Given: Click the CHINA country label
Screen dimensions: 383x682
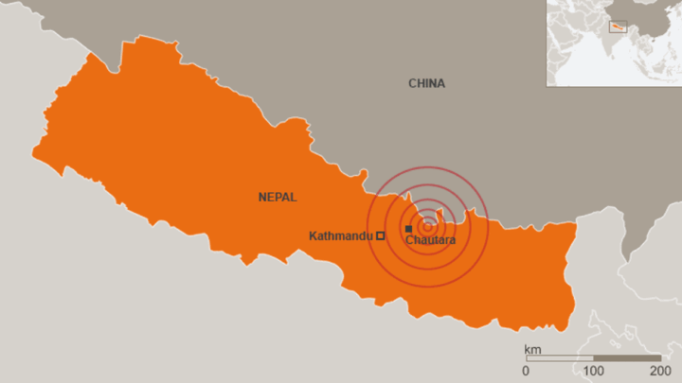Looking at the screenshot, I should coord(426,83).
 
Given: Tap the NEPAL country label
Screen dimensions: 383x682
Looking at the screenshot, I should coord(278,197).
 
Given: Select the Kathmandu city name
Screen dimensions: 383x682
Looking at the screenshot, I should coord(340,235).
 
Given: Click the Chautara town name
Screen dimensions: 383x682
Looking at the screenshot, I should coord(430,241).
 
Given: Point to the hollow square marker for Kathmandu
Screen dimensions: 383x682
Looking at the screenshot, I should coord(381,235).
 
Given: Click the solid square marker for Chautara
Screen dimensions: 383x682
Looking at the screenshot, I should coord(408,229).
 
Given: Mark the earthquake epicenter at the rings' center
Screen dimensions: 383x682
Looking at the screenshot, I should coord(427,226).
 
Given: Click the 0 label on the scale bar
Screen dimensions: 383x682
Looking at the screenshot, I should coord(526,370).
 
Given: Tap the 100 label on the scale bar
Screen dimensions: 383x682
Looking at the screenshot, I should coord(593,370).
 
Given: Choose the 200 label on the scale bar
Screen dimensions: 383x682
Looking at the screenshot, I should coord(660,370).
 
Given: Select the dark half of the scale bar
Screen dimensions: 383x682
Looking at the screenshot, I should coord(626,359).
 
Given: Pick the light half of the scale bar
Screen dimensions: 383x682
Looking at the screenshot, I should coord(559,359).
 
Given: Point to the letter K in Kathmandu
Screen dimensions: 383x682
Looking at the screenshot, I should coord(314,235).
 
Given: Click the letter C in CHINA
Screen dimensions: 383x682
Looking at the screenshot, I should coord(412,83).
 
